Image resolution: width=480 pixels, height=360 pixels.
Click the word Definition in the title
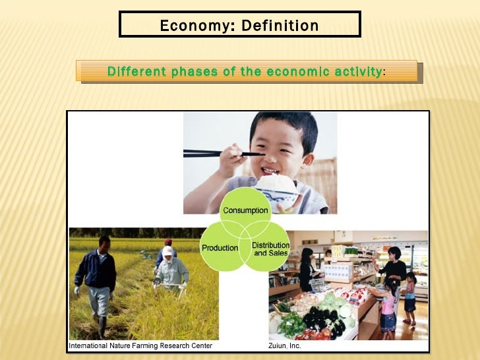pyautogui.click(x=280, y=26)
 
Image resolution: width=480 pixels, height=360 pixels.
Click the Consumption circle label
pyautogui.click(x=245, y=210)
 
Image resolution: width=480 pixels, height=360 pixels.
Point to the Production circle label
pyautogui.click(x=220, y=248)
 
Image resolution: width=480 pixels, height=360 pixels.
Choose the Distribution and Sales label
pyautogui.click(x=270, y=249)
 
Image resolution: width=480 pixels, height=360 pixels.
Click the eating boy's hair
pyautogui.click(x=284, y=125)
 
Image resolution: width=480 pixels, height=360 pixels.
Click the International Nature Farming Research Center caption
pyautogui.click(x=140, y=345)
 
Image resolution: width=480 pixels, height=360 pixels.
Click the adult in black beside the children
pyautogui.click(x=396, y=267)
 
